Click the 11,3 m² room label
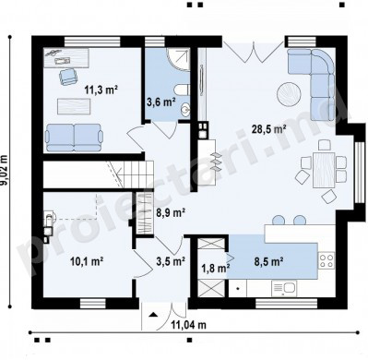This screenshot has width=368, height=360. click(101, 90)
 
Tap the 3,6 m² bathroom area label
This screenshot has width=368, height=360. click(161, 102)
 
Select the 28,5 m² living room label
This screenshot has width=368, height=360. click(269, 129)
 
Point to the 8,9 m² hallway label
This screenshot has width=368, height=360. click(171, 212)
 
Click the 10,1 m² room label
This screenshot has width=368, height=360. click(87, 261)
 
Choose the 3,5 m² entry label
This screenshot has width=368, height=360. click(171, 261)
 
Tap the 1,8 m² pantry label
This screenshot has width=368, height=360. click(215, 268)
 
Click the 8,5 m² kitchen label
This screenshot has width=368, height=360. click(268, 261)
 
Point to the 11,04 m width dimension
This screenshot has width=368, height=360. click(188, 324)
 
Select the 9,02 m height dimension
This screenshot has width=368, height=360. click(5, 171)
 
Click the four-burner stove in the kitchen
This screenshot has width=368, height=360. click(326, 260)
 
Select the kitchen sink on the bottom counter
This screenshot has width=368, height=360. click(284, 288)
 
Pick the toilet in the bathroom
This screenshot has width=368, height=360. click(182, 90)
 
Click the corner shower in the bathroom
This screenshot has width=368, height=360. click(179, 59)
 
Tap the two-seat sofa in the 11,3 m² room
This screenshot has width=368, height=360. click(74, 138)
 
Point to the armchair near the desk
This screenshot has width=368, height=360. click(67, 77)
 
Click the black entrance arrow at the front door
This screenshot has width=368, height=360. click(153, 315)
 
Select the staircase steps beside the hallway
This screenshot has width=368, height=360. click(136, 174)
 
